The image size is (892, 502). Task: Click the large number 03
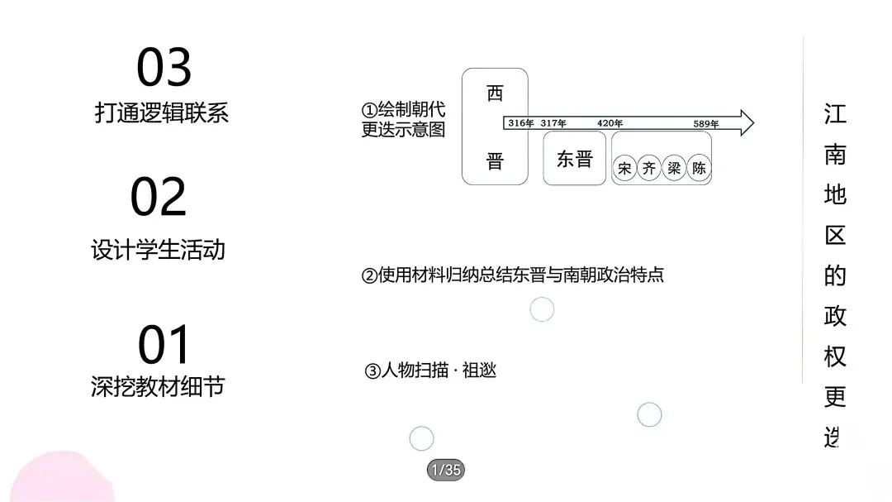(164, 68)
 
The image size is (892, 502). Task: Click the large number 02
(159, 197)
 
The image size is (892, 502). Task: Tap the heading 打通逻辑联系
(161, 113)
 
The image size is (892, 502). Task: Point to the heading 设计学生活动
(158, 249)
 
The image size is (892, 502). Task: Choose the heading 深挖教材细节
(158, 386)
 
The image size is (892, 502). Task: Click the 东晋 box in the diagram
(574, 159)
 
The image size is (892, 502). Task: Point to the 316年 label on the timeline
(520, 123)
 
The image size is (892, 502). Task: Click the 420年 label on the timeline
(610, 123)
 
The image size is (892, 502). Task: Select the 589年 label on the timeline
(706, 124)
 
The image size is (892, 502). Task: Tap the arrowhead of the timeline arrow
(745, 123)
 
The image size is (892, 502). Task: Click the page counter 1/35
(445, 471)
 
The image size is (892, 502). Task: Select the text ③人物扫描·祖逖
(430, 371)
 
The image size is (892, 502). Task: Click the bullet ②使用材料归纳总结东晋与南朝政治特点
(513, 275)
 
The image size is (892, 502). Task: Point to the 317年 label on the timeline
(553, 123)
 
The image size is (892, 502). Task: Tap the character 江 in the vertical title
(835, 113)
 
